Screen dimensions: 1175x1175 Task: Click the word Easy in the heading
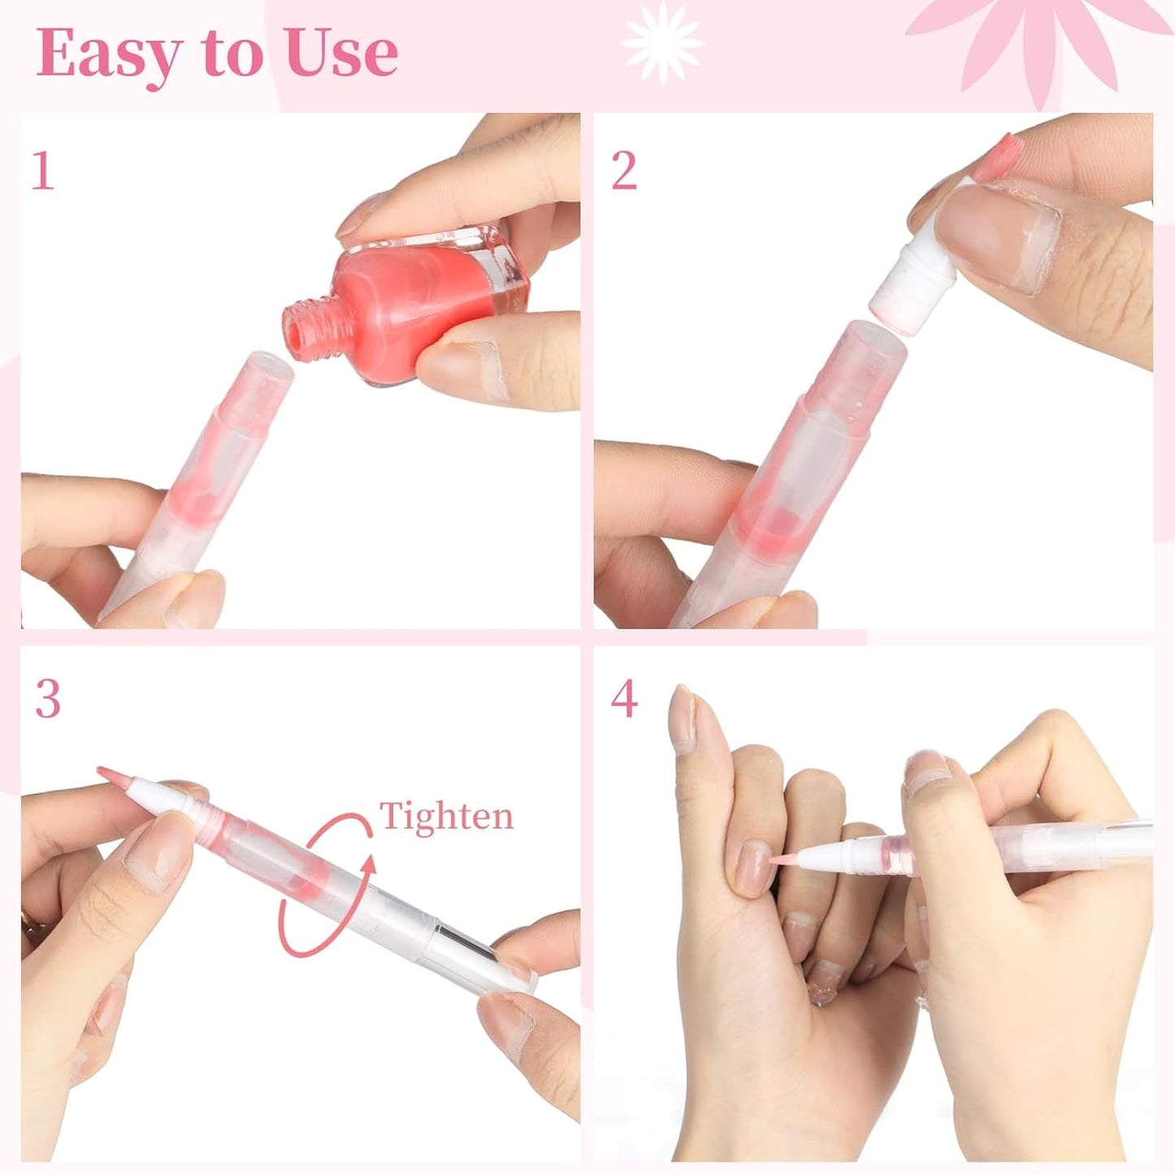111,54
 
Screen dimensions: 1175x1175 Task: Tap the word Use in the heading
342,54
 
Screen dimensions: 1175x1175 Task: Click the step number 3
48,698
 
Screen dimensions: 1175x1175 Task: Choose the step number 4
624,698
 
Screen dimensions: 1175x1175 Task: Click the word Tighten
446,816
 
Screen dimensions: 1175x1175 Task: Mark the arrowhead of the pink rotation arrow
370,864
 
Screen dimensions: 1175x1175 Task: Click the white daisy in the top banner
662,42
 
